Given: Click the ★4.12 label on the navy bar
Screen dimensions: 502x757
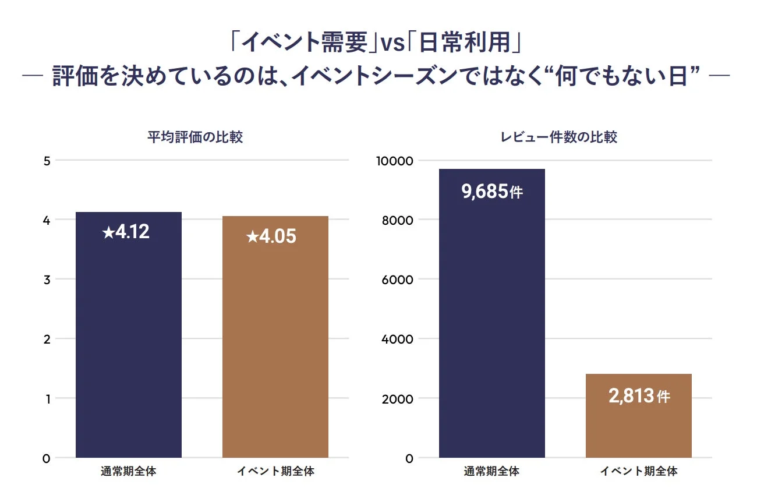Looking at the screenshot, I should coord(126,232).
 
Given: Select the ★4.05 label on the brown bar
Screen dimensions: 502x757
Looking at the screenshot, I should coord(271,236).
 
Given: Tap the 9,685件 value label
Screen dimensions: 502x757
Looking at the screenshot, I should coord(492,192).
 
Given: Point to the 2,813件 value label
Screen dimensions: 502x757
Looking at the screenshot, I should coord(639,397).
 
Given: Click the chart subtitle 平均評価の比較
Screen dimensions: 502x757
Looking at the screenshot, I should coord(194,137).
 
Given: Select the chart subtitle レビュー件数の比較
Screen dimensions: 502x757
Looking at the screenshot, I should coord(559,137).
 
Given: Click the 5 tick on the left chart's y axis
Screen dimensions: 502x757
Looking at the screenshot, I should coord(47,161).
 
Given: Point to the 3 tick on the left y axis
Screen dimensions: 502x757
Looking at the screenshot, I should coord(47,280).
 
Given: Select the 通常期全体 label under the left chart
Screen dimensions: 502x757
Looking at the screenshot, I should coord(129,472).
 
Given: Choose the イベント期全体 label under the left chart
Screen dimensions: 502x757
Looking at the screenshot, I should coord(275,472).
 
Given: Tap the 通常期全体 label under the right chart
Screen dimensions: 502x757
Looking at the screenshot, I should coord(492,472).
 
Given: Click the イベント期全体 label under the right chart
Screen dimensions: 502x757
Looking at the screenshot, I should coord(639,472).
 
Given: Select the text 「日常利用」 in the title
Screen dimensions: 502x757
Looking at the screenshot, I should coord(464,43).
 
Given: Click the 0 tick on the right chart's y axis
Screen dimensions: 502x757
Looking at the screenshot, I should coord(409,458).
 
